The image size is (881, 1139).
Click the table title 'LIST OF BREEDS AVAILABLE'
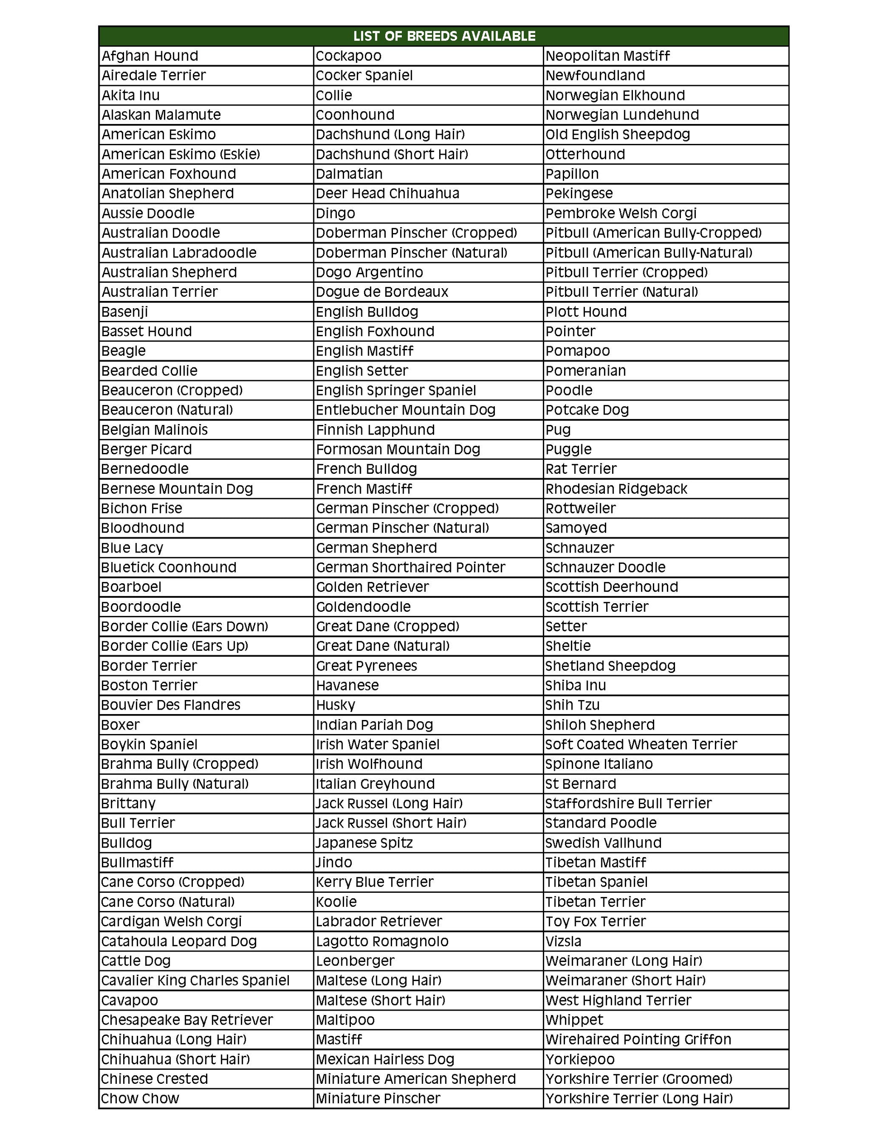[x=444, y=36]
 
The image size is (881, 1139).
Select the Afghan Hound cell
[x=150, y=56]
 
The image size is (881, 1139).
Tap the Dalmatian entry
[x=349, y=174]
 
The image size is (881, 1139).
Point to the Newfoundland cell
[x=595, y=76]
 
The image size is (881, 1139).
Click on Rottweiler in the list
[x=580, y=508]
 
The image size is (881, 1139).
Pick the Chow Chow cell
[x=140, y=1098]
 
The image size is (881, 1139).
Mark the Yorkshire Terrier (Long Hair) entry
[x=639, y=1098]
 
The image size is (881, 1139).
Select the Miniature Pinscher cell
[x=378, y=1098]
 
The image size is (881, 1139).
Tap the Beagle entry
[x=124, y=351]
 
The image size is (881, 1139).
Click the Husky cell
[x=335, y=705]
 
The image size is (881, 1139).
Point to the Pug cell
[x=558, y=430]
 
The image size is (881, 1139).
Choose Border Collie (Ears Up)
[x=175, y=646]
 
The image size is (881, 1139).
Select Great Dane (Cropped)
[x=388, y=626]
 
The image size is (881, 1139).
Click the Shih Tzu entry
[x=572, y=705]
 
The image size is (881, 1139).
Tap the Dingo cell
[x=335, y=213]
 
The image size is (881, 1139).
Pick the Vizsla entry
[x=563, y=941]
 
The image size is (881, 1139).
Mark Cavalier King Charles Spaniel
[x=196, y=981]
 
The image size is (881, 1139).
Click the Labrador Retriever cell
[x=378, y=921]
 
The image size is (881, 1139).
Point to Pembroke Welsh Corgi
[x=621, y=213]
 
